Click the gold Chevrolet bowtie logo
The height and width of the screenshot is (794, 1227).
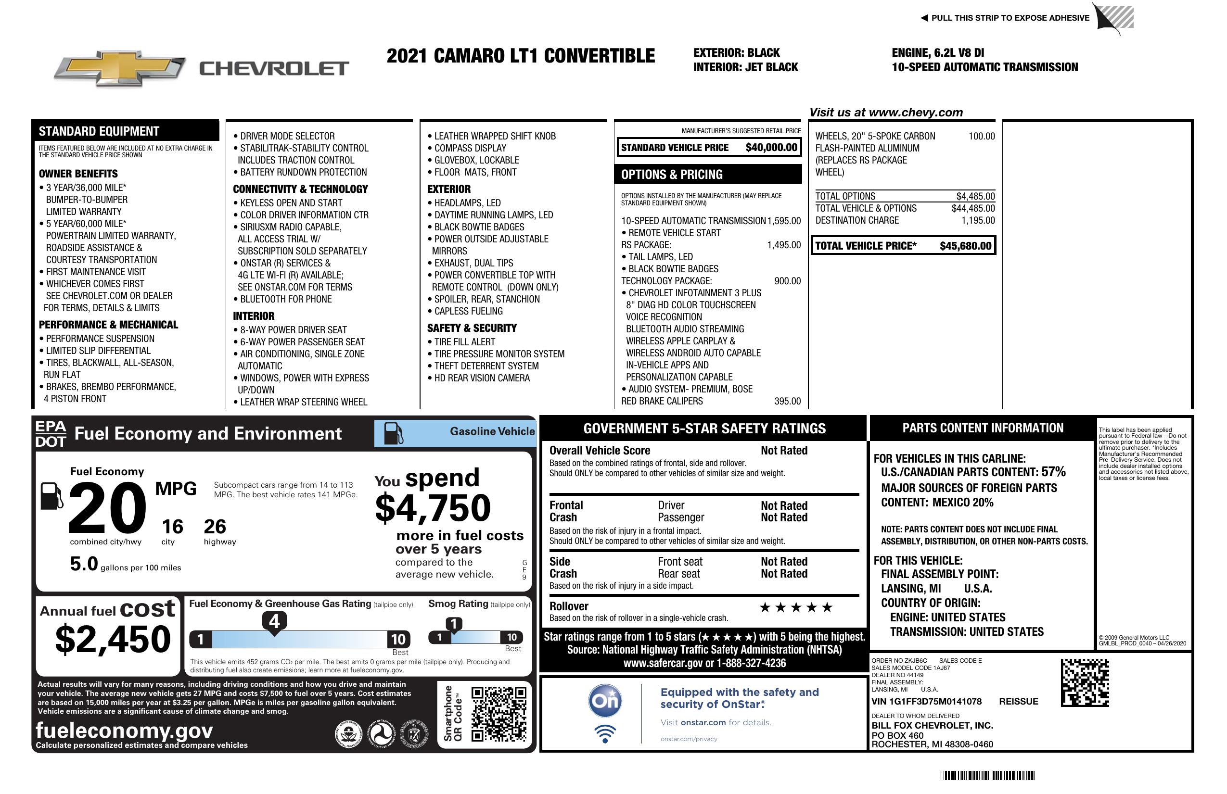[x=120, y=68]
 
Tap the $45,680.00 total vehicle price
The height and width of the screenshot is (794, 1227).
[x=965, y=246]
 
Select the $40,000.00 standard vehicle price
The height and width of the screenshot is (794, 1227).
[x=771, y=147]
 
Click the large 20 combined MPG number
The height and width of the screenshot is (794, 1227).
[x=107, y=508]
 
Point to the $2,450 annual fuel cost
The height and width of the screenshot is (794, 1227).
[x=113, y=640]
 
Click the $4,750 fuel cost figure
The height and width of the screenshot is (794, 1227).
[x=433, y=508]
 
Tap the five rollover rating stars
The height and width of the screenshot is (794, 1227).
[x=796, y=607]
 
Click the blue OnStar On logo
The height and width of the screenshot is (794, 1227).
[x=605, y=701]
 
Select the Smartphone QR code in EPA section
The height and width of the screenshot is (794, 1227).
[x=499, y=714]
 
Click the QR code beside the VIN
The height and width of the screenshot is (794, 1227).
[x=1085, y=682]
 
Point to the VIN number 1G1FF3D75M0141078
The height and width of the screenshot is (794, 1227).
[x=926, y=701]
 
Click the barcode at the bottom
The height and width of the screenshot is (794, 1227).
[x=987, y=775]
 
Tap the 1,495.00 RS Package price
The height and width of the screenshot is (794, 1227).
[x=784, y=245]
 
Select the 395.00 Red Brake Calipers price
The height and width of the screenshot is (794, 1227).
[x=787, y=402]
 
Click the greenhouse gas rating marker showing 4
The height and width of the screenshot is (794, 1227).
[x=274, y=621]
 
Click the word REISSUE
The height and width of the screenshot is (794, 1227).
[x=1018, y=701]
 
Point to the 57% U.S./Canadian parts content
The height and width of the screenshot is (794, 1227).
[x=1053, y=472]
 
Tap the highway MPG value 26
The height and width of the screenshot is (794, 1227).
[x=215, y=527]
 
